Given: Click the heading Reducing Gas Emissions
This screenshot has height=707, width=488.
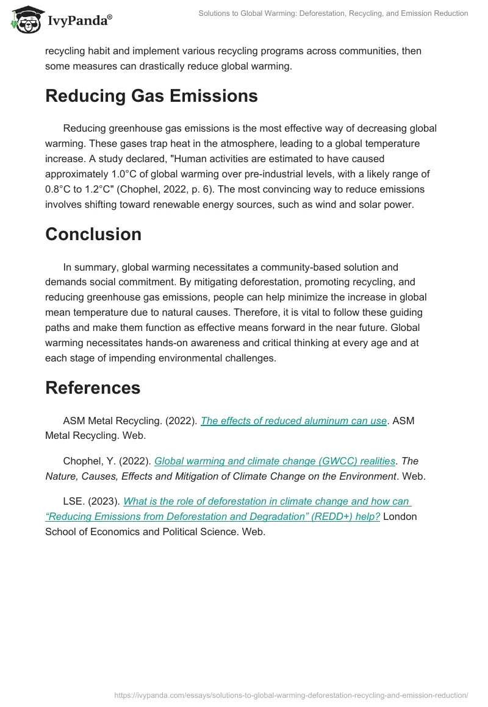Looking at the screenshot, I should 151,96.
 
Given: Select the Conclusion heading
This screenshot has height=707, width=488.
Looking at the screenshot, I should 93,235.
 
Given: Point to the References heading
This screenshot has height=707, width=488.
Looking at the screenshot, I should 93,388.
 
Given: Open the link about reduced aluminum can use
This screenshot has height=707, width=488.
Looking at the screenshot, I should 293,421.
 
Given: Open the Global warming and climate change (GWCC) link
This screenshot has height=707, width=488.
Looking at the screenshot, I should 274,461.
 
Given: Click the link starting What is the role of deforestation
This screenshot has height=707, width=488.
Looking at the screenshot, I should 267,502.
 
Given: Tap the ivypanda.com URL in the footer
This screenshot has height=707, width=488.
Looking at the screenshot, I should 291,695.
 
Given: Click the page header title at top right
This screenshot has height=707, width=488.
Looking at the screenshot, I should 333,13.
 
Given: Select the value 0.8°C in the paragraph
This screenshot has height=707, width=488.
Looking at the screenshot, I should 59,189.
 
